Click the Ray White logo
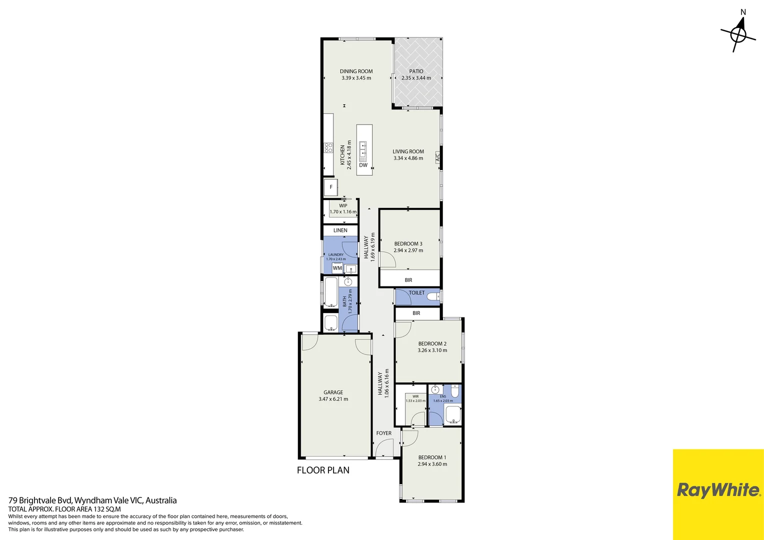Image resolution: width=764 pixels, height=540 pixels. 718,490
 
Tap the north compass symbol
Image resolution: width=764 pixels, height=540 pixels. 738,34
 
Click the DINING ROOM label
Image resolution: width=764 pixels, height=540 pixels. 356,71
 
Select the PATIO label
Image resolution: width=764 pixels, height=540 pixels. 416,71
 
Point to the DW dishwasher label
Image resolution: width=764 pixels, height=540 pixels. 363,165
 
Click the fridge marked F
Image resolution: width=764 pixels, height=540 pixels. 330,187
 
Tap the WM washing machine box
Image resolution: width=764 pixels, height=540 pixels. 337,268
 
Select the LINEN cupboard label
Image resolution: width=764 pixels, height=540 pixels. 340,230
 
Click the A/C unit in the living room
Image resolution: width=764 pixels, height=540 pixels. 437,157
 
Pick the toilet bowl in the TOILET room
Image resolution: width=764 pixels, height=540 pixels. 433,297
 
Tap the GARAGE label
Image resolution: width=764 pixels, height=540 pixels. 333,392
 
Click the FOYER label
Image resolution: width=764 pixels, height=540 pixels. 383,433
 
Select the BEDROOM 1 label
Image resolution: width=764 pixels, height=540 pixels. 432,457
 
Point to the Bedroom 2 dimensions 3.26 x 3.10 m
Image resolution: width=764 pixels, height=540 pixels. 432,350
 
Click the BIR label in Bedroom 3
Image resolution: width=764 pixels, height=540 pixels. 408,280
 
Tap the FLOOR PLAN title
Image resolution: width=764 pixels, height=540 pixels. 323,470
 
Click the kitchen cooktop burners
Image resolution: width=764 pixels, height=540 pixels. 328,147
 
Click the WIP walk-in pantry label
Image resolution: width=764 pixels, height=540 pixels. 343,205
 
